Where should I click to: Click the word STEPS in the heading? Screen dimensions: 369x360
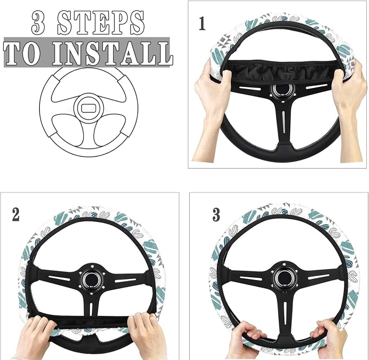[x=101, y=22]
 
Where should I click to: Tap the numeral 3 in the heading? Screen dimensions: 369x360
[x=38, y=23]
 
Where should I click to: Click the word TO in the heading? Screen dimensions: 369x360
[x=22, y=54]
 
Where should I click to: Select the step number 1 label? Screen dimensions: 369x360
[x=202, y=23]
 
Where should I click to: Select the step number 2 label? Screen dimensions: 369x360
[x=16, y=215]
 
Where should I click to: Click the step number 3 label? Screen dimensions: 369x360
[x=216, y=215]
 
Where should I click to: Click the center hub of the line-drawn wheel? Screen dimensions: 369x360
[x=89, y=108]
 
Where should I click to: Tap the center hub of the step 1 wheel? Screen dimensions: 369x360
[x=282, y=91]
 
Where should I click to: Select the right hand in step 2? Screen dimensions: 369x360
[x=146, y=334]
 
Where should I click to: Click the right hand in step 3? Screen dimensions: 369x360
[x=329, y=339]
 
